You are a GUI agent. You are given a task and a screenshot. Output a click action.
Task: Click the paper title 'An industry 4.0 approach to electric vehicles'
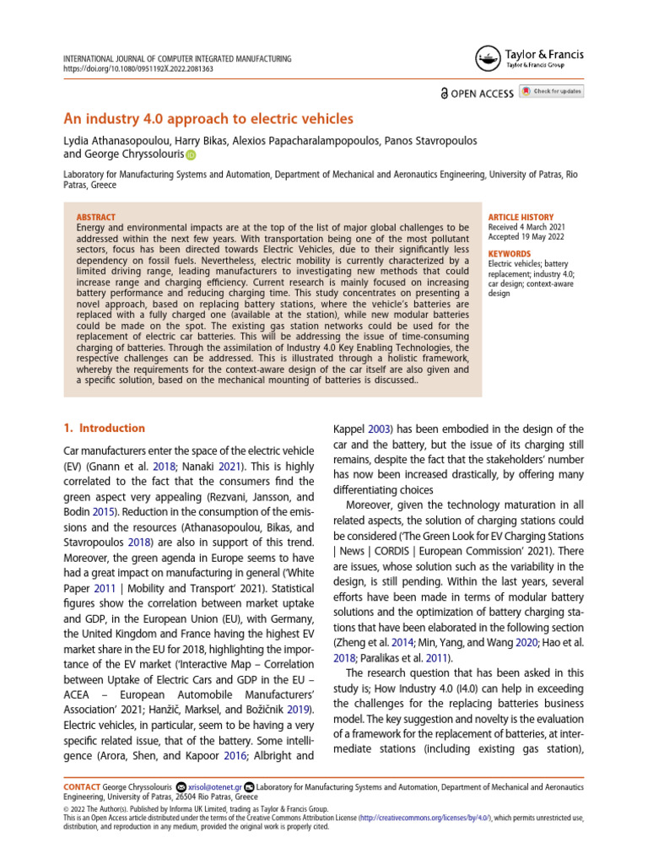coord(208,119)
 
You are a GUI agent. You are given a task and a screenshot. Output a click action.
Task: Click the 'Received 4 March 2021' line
coord(527,227)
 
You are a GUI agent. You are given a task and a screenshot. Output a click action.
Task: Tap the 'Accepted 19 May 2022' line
coord(526,238)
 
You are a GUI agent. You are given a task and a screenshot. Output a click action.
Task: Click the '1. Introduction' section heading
coord(105,428)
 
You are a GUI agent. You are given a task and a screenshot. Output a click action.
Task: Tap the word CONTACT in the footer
coord(84,787)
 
